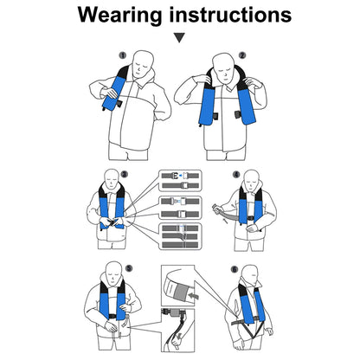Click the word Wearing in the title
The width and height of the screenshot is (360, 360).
pyautogui.click(x=119, y=15)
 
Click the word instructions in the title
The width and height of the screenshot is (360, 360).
pyautogui.click(x=230, y=15)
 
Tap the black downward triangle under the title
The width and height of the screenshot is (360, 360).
pyautogui.click(x=179, y=38)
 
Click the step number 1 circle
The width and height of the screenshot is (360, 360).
pyautogui.click(x=123, y=55)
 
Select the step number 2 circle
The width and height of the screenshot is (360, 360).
pyautogui.click(x=242, y=55)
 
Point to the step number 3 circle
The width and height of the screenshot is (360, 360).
pyautogui.click(x=125, y=174)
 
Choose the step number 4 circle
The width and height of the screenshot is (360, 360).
pyautogui.click(x=236, y=174)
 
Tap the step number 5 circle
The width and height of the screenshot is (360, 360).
pyautogui.click(x=129, y=268)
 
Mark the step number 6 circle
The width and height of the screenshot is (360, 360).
pyautogui.click(x=235, y=270)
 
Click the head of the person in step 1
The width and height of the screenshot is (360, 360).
pyautogui.click(x=143, y=63)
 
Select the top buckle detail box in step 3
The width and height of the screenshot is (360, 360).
pyautogui.click(x=180, y=181)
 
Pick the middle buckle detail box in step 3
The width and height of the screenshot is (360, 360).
pyautogui.click(x=180, y=208)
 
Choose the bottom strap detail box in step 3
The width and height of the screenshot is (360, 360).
pyautogui.click(x=180, y=236)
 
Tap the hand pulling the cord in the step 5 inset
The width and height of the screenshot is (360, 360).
pyautogui.click(x=176, y=341)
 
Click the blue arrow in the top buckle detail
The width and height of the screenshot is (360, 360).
pyautogui.click(x=180, y=175)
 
